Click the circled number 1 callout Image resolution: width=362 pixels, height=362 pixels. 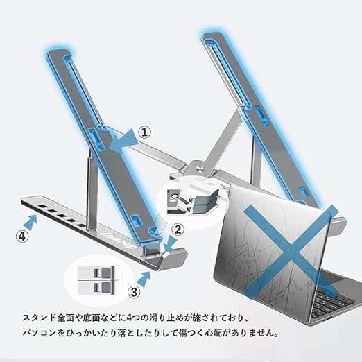click(x=144, y=132)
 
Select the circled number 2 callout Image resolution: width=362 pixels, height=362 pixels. click(x=178, y=230)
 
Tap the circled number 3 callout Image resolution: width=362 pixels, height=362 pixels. click(x=134, y=292)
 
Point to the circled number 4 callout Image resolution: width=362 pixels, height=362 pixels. click(x=22, y=236)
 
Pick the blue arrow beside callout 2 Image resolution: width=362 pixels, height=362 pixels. click(x=171, y=243)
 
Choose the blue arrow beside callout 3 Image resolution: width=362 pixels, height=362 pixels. click(x=144, y=279)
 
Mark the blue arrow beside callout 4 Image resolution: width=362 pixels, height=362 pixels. click(x=31, y=222)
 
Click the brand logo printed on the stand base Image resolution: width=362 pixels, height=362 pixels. click(x=121, y=241)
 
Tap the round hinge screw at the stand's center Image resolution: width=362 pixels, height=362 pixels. click(x=200, y=169)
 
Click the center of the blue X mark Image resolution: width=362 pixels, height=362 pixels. click(x=291, y=252)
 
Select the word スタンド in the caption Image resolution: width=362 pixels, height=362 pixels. click(x=39, y=318)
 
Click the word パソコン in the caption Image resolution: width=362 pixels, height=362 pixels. click(x=40, y=333)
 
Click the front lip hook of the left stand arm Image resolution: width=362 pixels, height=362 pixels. click(x=175, y=256)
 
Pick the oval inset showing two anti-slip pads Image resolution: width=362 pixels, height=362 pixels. click(x=96, y=280)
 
